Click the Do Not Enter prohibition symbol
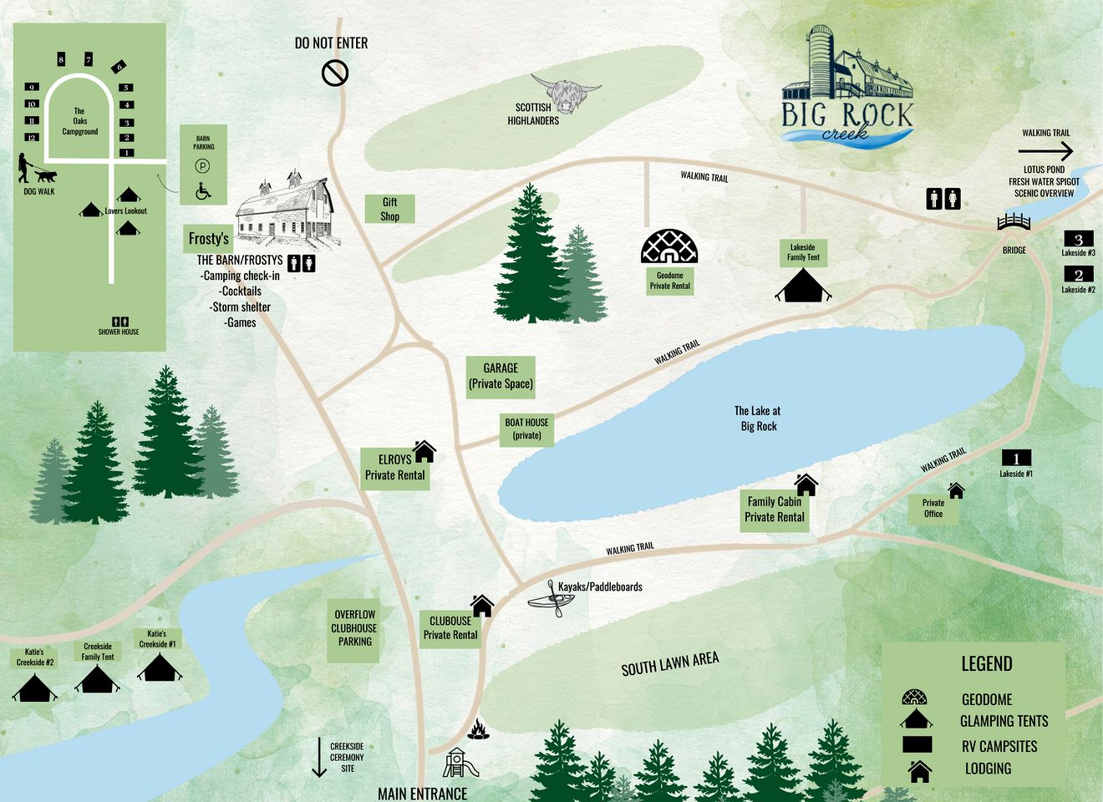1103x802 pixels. pyautogui.click(x=335, y=74)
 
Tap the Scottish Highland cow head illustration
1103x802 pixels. pyautogui.click(x=565, y=94)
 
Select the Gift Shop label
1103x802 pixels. pyautogui.click(x=389, y=209)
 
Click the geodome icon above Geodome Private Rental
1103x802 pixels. pyautogui.click(x=669, y=246)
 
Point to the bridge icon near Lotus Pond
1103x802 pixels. pyautogui.click(x=1014, y=222)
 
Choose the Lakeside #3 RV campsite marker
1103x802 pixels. pyautogui.click(x=1078, y=240)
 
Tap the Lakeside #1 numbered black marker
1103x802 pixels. pyautogui.click(x=1016, y=458)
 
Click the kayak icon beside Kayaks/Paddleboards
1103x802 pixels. pyautogui.click(x=547, y=599)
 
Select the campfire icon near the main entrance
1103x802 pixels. pyautogui.click(x=478, y=729)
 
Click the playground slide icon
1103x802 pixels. pyautogui.click(x=460, y=762)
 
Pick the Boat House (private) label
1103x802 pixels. pyautogui.click(x=526, y=429)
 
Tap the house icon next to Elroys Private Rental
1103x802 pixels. pyautogui.click(x=424, y=451)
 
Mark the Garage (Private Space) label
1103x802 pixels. pyautogui.click(x=501, y=376)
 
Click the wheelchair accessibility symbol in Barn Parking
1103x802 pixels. pyautogui.click(x=203, y=191)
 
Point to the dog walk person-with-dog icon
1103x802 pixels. pyautogui.click(x=36, y=170)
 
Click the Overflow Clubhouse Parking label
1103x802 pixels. pyautogui.click(x=354, y=628)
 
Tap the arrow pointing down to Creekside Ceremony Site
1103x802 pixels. pyautogui.click(x=319, y=757)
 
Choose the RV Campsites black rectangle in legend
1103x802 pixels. pyautogui.click(x=917, y=744)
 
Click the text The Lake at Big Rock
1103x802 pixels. pyautogui.click(x=758, y=419)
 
